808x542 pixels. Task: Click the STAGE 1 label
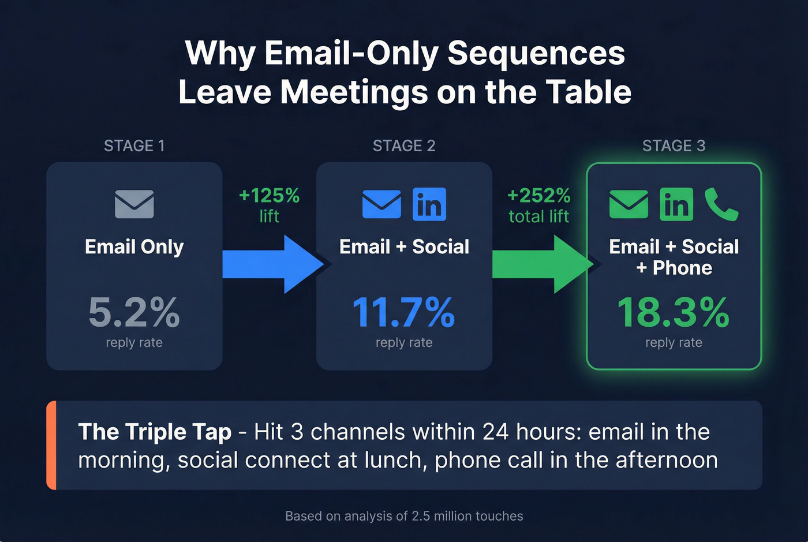coord(134,146)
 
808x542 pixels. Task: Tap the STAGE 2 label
coord(404,146)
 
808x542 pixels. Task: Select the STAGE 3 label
coord(674,146)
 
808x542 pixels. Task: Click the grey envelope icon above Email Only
coord(134,204)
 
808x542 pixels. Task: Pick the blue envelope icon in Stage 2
coord(381,204)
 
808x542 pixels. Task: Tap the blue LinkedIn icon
coord(429,204)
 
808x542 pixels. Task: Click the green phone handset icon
coord(721,204)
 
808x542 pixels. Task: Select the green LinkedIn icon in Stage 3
coord(676,204)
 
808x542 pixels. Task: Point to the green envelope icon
coord(629,204)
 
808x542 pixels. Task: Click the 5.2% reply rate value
coord(134,312)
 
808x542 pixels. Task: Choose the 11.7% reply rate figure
coord(404,312)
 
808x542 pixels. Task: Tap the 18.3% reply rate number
coord(674,312)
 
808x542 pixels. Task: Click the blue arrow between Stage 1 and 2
coord(271,264)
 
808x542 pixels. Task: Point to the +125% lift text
coord(270,196)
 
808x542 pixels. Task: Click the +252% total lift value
coord(538,196)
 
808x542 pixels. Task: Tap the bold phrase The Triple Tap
coord(155,432)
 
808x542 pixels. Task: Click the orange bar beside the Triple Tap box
coord(51,445)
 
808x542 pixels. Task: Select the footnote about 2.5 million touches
coord(404,516)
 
